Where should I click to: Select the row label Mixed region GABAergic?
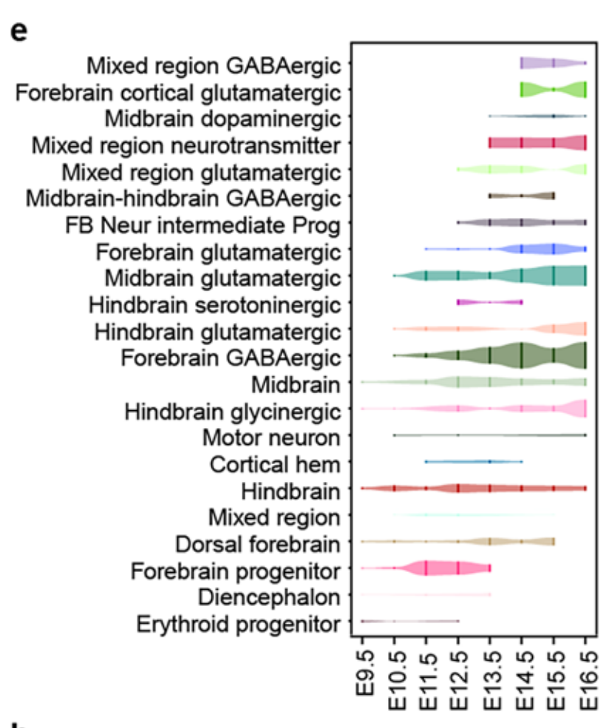pos(214,66)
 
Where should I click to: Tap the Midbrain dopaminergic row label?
pos(223,118)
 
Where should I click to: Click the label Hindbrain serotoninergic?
pos(214,305)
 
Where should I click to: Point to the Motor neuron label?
pos(271,438)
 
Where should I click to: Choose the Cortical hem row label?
pos(275,464)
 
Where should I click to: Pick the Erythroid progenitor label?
pos(239,624)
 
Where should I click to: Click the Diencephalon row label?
pos(269,597)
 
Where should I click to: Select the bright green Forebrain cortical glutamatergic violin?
pos(553,89)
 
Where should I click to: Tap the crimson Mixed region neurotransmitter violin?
pos(537,143)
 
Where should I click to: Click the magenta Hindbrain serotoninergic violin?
pos(490,302)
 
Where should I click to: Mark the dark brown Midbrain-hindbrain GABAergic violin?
pos(522,196)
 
